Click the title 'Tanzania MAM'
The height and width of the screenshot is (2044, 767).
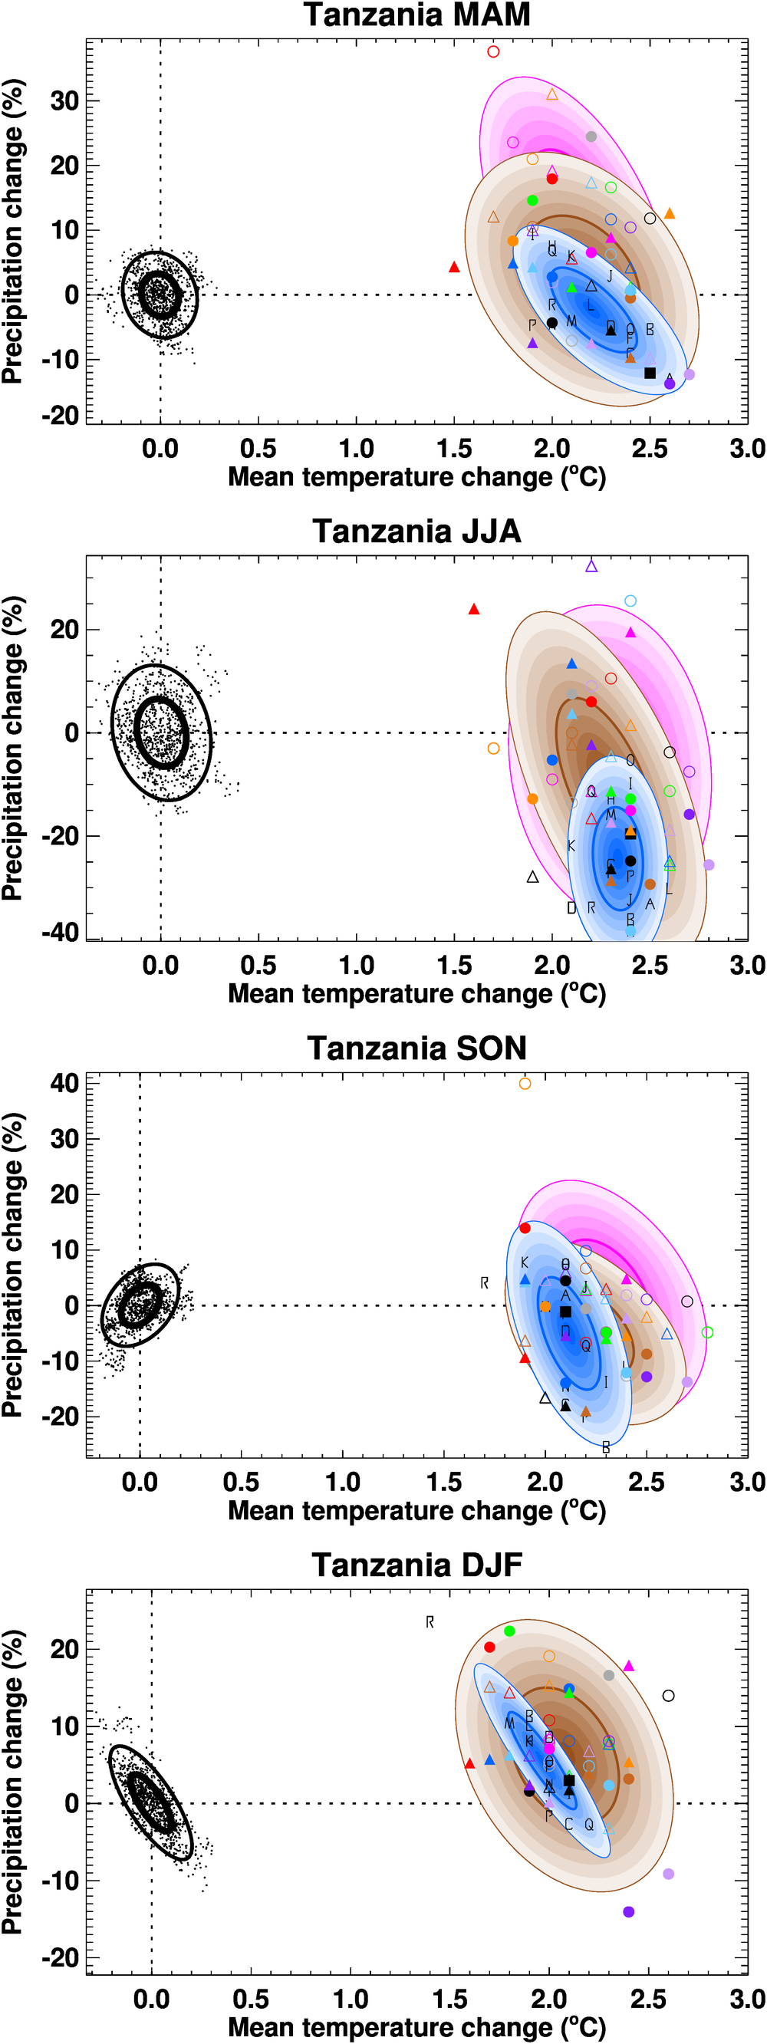[x=416, y=15]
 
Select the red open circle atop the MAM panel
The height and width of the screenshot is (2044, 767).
[x=493, y=51]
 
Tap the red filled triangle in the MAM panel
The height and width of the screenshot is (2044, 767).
[x=455, y=268]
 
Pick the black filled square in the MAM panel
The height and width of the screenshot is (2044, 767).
[x=650, y=373]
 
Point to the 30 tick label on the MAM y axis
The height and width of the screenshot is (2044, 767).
[x=64, y=100]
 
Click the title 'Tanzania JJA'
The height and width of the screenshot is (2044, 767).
[x=416, y=532]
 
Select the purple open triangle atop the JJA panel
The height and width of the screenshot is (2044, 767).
[x=591, y=567]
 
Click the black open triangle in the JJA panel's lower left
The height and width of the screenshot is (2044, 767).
[x=533, y=877]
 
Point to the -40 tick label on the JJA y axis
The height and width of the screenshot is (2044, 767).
[x=61, y=933]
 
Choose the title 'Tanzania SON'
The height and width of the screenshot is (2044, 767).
[x=416, y=1048]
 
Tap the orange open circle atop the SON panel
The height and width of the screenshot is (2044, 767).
[x=525, y=1084]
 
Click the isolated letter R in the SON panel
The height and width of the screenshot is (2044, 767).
[x=485, y=1283]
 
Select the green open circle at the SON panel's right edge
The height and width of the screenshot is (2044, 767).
[x=707, y=1332]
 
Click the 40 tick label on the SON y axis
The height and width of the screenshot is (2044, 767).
[x=64, y=1083]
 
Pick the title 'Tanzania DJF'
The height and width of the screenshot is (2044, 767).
[x=416, y=1565]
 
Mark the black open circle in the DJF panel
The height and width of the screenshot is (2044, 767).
[x=669, y=1696]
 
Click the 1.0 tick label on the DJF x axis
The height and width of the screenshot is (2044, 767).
[x=351, y=1999]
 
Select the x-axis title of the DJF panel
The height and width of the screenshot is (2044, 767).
[x=416, y=2027]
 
